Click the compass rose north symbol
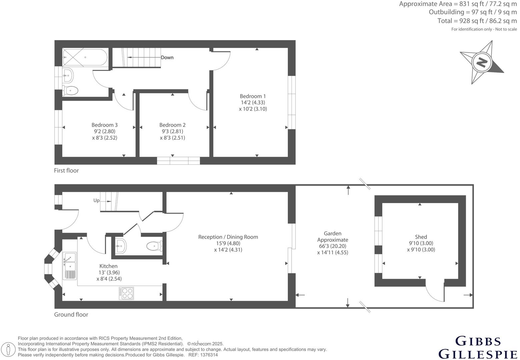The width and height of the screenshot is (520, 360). point(481,62)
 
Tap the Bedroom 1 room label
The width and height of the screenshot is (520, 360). point(252,96)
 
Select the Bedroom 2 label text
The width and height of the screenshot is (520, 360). point(172,125)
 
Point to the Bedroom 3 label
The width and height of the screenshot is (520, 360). point(104,125)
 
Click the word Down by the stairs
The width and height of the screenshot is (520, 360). point(167,58)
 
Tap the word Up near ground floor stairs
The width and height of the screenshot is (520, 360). point(96,201)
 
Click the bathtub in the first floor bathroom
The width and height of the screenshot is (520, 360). point(85,57)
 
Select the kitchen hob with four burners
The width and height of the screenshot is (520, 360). point(126,293)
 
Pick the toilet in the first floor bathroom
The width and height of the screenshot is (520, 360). point(70,90)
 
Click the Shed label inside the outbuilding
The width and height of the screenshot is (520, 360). point(421,237)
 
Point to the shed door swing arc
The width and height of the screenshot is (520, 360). point(435,293)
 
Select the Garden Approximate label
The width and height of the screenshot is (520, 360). point(333,237)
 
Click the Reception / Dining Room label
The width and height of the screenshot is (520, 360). point(228,237)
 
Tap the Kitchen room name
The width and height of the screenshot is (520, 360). point(108,266)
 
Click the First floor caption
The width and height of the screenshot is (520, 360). point(66,171)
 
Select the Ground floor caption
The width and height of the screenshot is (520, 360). point(71,315)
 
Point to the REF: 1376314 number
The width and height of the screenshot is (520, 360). point(203,355)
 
